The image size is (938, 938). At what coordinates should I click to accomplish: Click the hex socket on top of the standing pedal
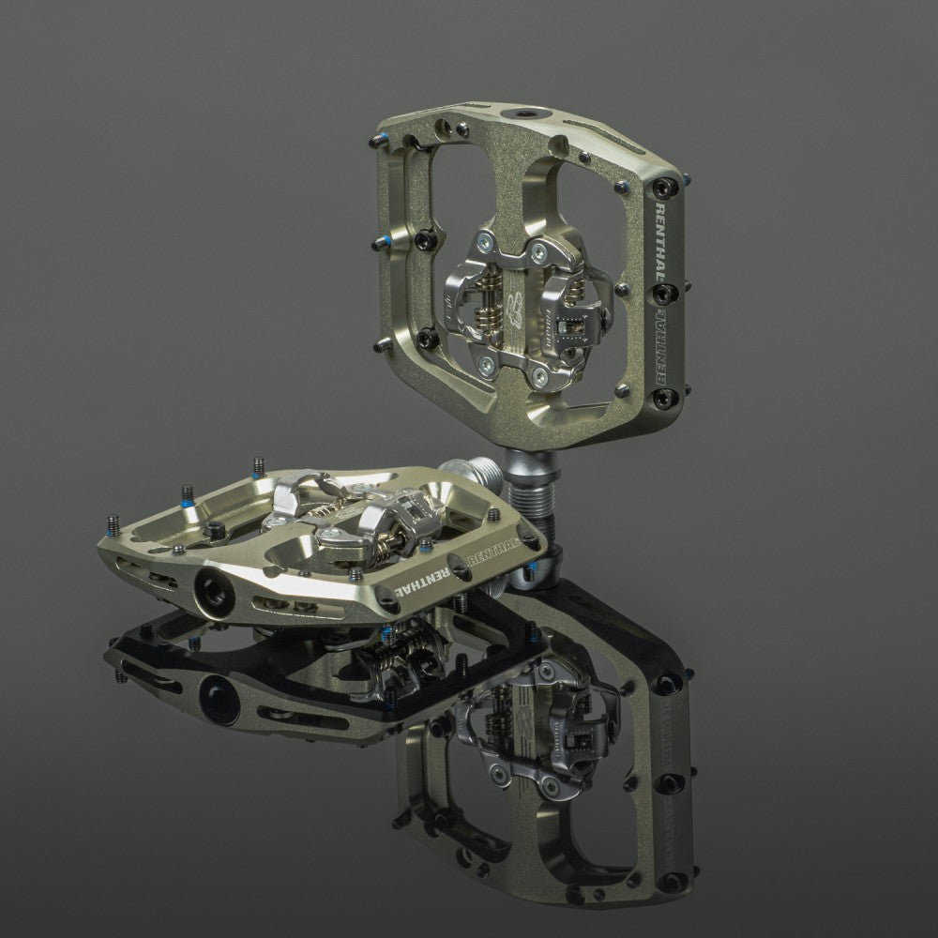pyautogui.click(x=518, y=113)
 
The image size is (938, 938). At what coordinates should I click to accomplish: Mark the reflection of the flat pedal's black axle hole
pyautogui.click(x=210, y=694)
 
